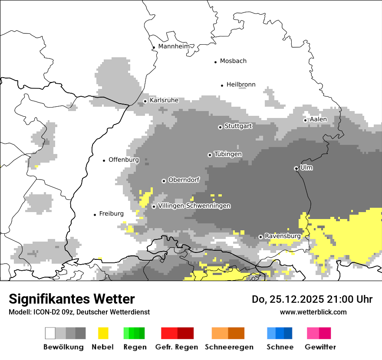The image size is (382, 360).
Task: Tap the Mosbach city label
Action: [x=233, y=61]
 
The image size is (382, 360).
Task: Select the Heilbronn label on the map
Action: [x=241, y=85]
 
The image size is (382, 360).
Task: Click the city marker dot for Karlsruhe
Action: [x=145, y=101]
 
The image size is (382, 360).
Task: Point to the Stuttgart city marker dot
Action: [x=220, y=127]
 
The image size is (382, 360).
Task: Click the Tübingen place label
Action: [x=228, y=154]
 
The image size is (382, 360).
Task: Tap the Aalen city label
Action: [x=318, y=119]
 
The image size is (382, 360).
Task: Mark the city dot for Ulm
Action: [x=296, y=168]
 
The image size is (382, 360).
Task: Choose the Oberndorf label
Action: [x=184, y=180]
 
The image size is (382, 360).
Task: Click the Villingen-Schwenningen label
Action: [x=194, y=206]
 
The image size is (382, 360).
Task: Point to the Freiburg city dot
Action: [x=95, y=215]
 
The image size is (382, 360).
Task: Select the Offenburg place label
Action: [x=124, y=160]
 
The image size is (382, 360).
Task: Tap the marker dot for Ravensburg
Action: [x=260, y=237]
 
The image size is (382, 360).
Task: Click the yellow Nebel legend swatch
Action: [x=103, y=333]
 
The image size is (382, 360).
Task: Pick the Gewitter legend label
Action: [x=320, y=347]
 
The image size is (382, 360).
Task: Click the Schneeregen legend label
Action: [x=229, y=347]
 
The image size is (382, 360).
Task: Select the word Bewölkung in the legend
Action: [x=63, y=347]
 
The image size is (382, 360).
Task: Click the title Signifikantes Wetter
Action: [x=72, y=299]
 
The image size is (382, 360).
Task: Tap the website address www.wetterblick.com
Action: [x=313, y=312]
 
